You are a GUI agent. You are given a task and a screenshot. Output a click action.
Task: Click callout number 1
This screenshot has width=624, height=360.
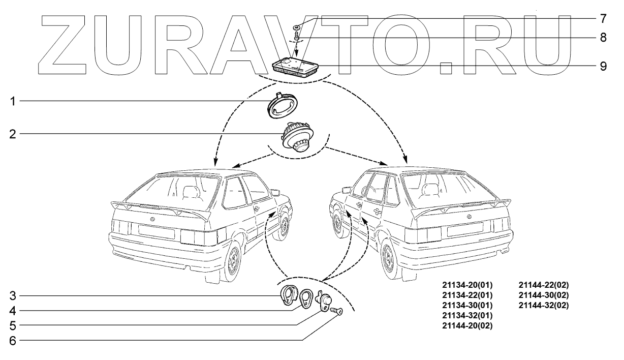13,101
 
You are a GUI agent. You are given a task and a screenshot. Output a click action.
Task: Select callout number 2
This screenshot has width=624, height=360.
13,134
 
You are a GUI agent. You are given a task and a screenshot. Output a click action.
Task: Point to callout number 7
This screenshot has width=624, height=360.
603,19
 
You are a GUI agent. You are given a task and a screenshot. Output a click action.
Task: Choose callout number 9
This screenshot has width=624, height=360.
603,66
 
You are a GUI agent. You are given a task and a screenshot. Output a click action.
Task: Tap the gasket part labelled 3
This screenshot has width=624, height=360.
289,296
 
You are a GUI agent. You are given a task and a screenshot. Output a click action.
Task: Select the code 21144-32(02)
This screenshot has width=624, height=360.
543,306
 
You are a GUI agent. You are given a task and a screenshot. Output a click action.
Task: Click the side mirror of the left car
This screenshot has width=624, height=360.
275,192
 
